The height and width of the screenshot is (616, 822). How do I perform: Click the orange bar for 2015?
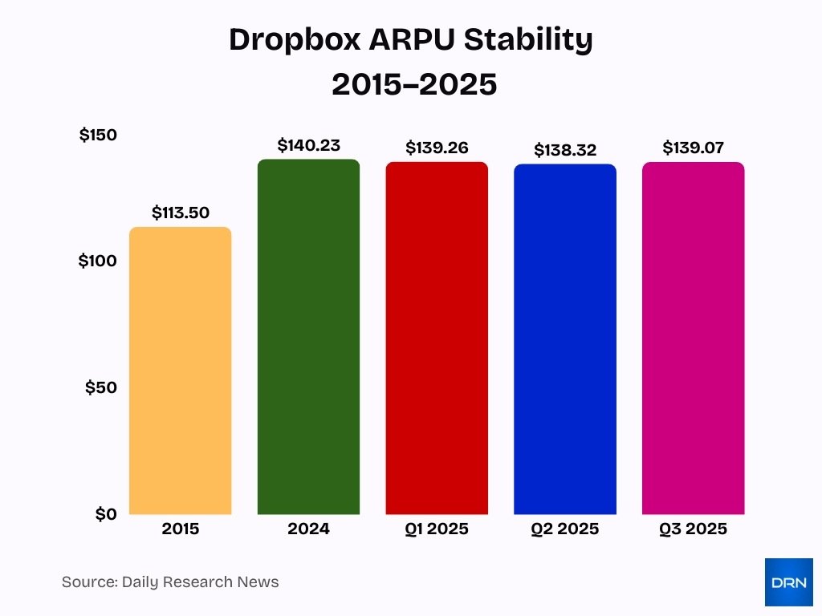[180, 371]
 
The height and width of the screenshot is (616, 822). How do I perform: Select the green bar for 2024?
[308, 337]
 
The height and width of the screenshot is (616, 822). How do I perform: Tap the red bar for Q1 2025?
[437, 338]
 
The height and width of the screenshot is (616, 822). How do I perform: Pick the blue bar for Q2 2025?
[565, 339]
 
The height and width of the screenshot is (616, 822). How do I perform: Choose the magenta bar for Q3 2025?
[694, 338]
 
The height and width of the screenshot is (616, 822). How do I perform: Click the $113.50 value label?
[181, 213]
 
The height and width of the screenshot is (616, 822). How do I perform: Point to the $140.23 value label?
[309, 145]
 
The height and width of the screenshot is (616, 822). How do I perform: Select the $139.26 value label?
[437, 148]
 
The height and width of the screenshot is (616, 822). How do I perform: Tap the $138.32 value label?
[565, 150]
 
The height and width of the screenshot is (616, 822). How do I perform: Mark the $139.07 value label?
[694, 148]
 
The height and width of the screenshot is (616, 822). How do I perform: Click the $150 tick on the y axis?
[98, 135]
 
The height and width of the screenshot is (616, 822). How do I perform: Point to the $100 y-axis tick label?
[98, 261]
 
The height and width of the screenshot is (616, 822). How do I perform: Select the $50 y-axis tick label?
[101, 387]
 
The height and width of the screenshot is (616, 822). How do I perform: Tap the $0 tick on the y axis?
[105, 513]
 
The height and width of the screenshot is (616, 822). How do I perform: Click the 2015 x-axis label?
[181, 529]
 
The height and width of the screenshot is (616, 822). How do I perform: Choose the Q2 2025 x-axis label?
[565, 529]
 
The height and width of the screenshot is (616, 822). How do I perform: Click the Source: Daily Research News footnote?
[170, 582]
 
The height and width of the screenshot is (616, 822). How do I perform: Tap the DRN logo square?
[788, 582]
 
